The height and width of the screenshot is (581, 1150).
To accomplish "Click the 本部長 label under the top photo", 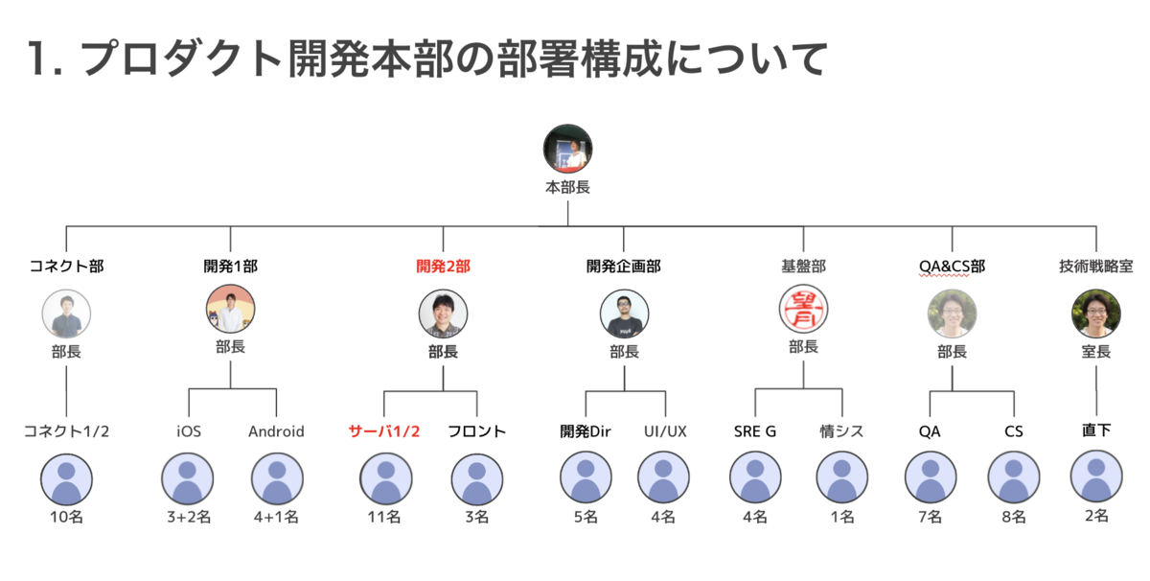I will coord(567,188).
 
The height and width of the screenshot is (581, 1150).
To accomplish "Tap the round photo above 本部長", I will coord(567,149).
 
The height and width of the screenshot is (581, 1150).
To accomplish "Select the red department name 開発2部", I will coord(443,267).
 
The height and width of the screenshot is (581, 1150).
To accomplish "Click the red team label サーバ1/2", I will coord(384,431).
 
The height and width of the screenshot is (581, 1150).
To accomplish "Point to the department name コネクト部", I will coord(66,267).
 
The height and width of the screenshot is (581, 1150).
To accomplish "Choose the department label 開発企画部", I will coord(623,267).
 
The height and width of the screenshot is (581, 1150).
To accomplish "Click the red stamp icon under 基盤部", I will coord(803,309).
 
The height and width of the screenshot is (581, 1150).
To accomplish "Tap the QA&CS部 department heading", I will coord(952,267).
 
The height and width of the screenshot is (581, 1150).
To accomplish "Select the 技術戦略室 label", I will coord(1095,267).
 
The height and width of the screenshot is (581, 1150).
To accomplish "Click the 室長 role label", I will coord(1095,352).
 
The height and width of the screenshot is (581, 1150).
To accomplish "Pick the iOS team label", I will coord(189,431).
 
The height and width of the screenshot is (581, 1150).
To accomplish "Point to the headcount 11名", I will coord(384,518).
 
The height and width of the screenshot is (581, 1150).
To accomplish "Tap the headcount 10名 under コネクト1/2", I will coord(66,518).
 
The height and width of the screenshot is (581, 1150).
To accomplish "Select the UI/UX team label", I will coord(665,431).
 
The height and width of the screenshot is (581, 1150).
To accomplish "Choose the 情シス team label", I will coord(841,431).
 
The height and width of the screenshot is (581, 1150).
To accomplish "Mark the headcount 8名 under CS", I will coord(1014,518).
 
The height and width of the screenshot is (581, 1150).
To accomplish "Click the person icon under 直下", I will coord(1095,476).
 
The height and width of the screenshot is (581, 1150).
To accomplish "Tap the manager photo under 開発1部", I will coord(231,309).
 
